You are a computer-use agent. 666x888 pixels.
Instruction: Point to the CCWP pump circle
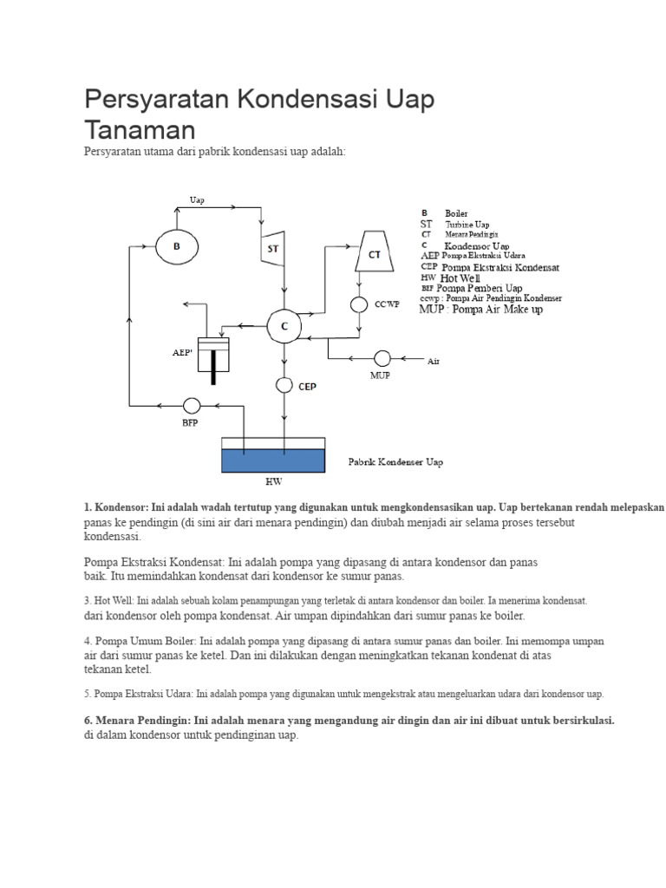(358, 304)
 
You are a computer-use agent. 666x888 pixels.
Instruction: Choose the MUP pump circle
(382, 358)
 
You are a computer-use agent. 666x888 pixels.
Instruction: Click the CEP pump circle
(284, 385)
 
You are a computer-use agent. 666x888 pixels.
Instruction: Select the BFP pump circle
(192, 406)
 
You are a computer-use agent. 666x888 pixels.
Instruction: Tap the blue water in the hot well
(273, 461)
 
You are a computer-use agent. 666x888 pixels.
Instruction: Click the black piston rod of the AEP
(213, 368)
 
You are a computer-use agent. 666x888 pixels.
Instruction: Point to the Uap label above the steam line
(197, 200)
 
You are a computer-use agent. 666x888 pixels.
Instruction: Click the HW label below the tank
(273, 482)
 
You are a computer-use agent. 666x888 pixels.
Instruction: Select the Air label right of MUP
(434, 362)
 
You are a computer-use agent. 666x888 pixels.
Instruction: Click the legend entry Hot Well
(460, 278)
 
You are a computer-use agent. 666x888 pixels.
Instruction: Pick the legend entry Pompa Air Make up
(497, 310)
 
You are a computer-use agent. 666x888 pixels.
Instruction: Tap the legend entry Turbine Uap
(467, 225)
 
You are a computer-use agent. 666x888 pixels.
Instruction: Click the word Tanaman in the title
(140, 130)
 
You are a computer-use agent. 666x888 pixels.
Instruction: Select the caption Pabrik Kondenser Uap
(395, 462)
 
